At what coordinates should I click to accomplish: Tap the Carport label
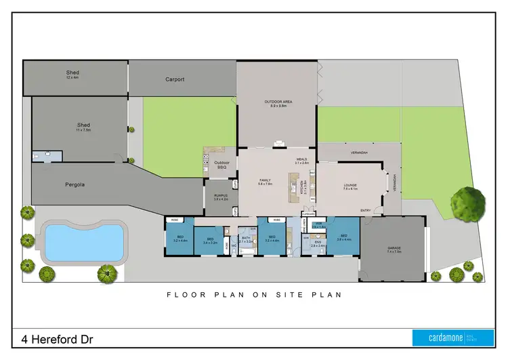coord(175,79)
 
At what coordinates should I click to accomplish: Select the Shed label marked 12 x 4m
coord(72,73)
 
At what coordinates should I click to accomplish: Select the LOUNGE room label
coord(351,185)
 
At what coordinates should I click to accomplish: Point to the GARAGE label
coord(394,249)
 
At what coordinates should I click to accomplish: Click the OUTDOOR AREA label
coord(277,102)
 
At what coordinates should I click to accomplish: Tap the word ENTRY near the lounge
coord(366,211)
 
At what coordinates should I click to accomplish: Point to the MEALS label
coord(301,160)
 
